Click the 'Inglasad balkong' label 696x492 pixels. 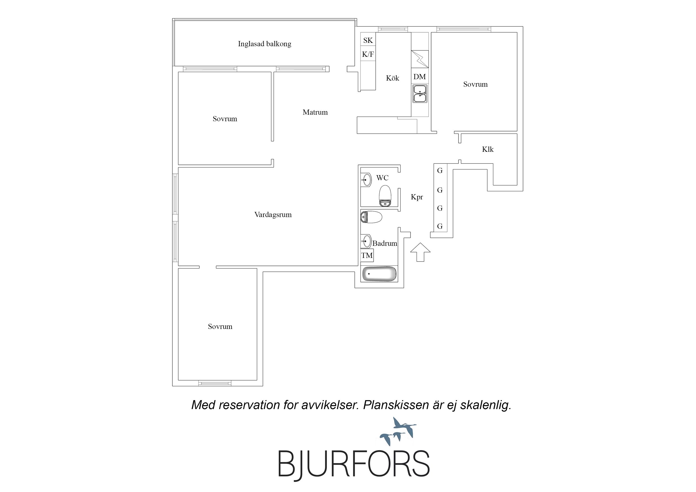(264, 44)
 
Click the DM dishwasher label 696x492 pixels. (419, 77)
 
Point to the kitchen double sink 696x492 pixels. (420, 94)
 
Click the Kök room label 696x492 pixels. (392, 78)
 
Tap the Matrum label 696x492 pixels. (315, 112)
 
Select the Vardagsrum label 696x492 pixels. (273, 215)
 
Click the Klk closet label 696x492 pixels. (488, 149)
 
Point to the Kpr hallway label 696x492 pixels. (417, 197)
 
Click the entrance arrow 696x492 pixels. (420, 252)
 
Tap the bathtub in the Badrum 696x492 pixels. (379, 273)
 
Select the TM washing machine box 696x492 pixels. (367, 255)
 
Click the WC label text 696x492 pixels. (382, 178)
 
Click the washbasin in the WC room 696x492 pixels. (366, 180)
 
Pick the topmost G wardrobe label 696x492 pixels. (440, 170)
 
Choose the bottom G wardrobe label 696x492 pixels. (440, 226)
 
